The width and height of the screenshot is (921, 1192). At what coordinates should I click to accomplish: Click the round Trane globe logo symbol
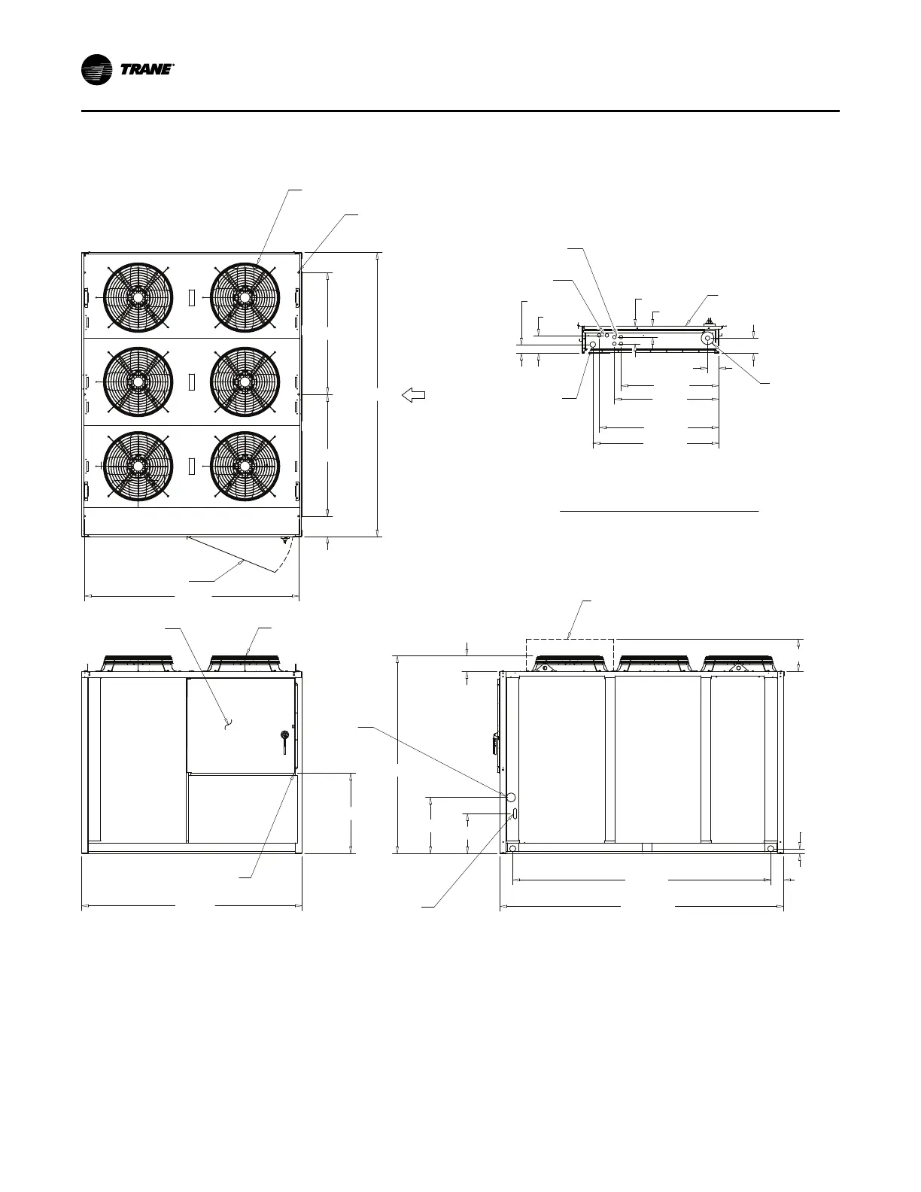[x=96, y=70]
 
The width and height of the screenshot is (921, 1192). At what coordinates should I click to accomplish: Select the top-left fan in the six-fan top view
[x=138, y=297]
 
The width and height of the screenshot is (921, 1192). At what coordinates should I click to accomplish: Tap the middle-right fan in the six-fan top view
[x=245, y=382]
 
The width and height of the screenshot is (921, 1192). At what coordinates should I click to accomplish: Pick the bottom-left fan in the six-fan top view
[x=138, y=466]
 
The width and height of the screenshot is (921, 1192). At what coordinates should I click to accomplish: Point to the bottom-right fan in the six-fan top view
[x=245, y=466]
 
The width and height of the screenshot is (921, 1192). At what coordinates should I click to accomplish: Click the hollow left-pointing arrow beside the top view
[x=414, y=395]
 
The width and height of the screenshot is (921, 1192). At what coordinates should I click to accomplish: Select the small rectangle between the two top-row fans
[x=191, y=298]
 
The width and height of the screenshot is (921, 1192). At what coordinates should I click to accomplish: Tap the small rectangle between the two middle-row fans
[x=191, y=382]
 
